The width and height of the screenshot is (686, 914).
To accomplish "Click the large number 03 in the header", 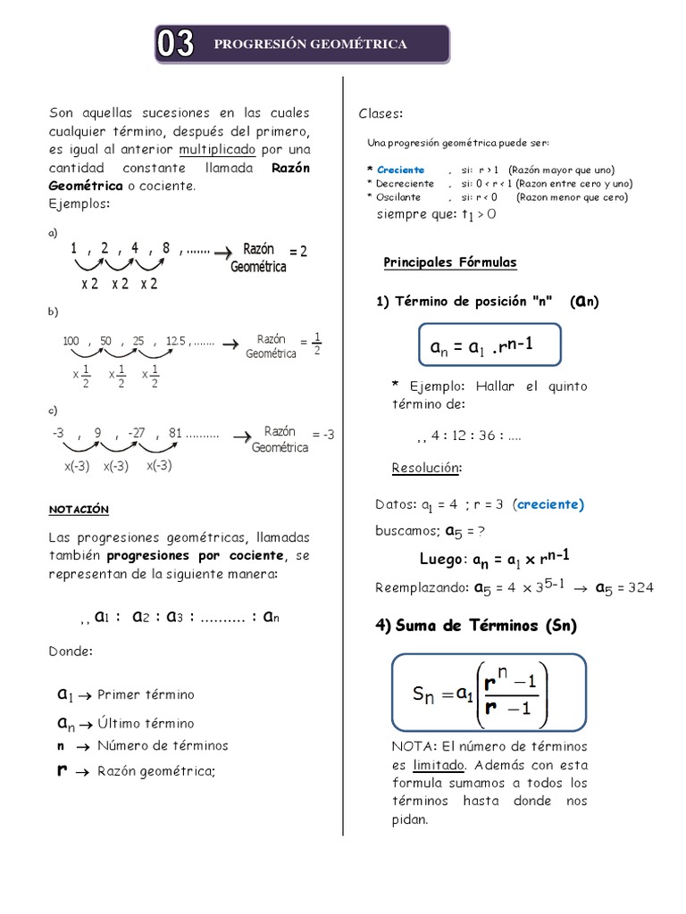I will coord(177,44).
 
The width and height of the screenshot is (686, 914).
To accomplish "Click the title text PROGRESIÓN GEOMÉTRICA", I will coord(311,44).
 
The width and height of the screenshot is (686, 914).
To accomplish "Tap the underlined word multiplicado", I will coord(217,148).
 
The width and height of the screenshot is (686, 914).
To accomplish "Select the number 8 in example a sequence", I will coord(166,249).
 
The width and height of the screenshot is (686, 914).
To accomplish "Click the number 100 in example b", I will coord(71,341).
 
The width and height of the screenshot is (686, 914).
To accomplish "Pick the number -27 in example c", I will coord(136,433).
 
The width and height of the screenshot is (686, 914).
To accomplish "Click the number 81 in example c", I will coord(175,433).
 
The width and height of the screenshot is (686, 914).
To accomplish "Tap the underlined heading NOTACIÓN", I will coord(79,509).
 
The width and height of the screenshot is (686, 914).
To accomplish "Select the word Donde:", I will coord(71,652).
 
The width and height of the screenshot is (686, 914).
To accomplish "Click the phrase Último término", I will coord(146,723).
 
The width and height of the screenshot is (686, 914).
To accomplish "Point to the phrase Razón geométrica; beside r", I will coord(156,771).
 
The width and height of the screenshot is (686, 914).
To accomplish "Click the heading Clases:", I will coord(381,113).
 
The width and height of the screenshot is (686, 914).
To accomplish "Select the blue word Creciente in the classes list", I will coord(401,170).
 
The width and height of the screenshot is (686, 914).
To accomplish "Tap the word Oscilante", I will coord(399,197).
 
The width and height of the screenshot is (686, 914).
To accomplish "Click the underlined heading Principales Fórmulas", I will coord(449,262).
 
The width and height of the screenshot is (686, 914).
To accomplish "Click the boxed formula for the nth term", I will coord(488,345).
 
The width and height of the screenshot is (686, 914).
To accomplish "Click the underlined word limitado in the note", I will coord(439,765).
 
